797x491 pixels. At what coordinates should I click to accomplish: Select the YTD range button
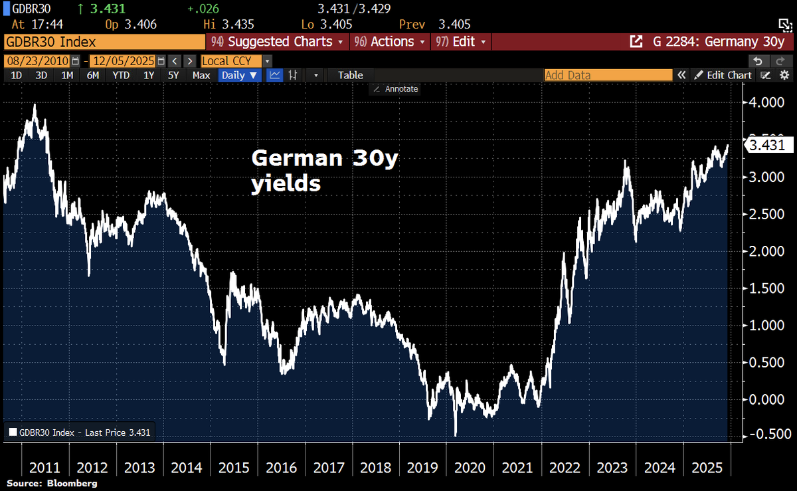click(x=121, y=75)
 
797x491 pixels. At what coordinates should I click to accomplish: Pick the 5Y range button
click(x=173, y=75)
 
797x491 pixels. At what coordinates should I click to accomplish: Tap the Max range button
click(x=201, y=75)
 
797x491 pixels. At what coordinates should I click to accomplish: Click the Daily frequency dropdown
click(x=239, y=75)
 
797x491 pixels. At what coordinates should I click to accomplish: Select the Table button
click(x=350, y=75)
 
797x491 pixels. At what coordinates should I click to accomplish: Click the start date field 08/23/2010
click(x=38, y=60)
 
